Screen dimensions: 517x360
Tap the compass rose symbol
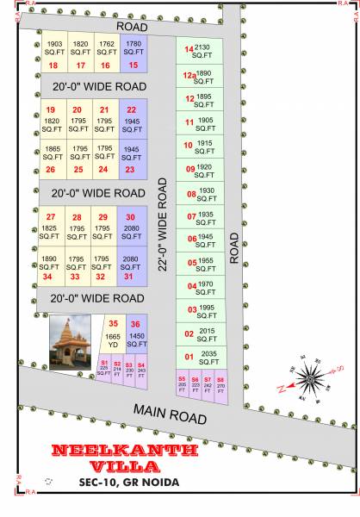pos(309,377)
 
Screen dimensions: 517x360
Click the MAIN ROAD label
pos(170,413)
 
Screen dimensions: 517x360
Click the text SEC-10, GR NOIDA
pos(127,482)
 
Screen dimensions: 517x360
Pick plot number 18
pos(54,54)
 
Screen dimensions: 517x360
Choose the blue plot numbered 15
pos(133,54)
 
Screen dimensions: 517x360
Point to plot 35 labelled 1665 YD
pos(113,334)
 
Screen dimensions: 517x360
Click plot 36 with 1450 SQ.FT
pos(137,334)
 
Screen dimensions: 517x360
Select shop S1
pos(104,371)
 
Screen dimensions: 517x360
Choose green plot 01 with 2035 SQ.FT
pos(199,355)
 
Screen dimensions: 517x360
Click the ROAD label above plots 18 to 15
pos(133,27)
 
